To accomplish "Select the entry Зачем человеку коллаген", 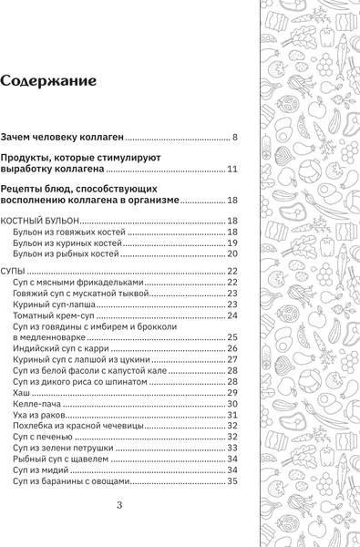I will [62, 137].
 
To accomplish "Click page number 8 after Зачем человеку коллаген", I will [234, 137].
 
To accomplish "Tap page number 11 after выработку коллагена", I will [231, 169].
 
